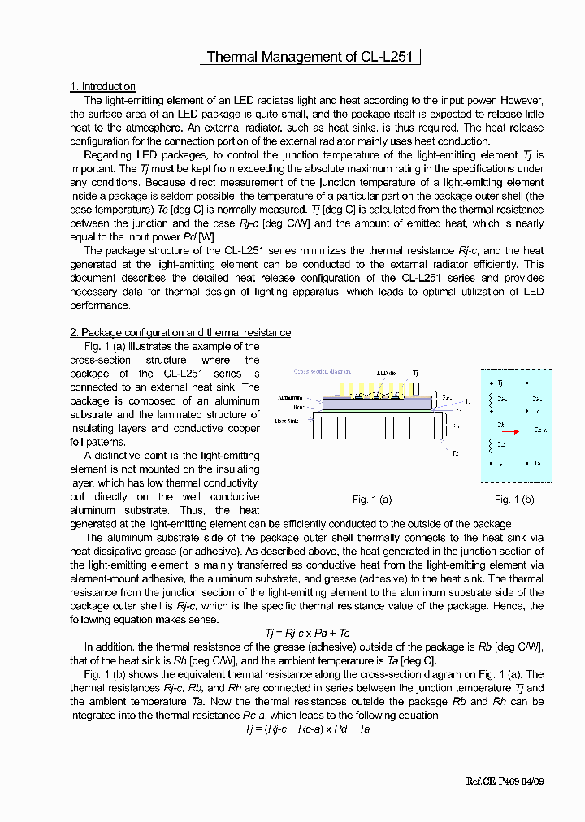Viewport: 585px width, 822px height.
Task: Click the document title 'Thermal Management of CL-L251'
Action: coord(310,57)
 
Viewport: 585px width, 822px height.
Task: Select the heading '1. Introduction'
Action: coord(102,87)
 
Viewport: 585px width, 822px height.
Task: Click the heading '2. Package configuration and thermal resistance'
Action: coord(180,332)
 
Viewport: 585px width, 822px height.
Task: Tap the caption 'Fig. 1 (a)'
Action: coord(372,499)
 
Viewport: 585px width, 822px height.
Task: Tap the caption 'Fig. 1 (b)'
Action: coord(514,499)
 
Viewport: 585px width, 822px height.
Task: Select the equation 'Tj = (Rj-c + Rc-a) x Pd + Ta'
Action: coord(307,729)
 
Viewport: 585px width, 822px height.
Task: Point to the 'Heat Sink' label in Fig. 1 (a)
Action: coord(286,421)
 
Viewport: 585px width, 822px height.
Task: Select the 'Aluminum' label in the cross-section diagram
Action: coord(290,398)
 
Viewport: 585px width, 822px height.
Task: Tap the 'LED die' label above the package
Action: coord(387,373)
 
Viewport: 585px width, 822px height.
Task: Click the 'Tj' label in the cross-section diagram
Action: coord(415,373)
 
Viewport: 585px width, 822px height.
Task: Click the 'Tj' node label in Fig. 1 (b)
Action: coord(500,382)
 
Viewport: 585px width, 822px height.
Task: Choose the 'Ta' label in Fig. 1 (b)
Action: coord(537,463)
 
